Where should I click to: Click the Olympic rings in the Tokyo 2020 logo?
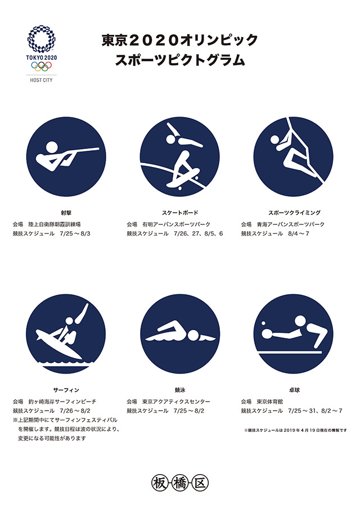pos(41,66)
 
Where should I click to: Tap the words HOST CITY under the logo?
pos(41,80)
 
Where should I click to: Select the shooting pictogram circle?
pos(66,157)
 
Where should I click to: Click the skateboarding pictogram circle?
pos(180,157)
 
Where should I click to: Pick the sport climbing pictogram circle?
pos(294,157)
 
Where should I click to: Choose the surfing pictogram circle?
pos(66,334)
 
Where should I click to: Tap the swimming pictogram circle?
pos(180,334)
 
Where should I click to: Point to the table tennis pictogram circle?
pos(294,334)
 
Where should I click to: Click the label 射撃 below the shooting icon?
pos(66,213)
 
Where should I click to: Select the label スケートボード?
pos(180,213)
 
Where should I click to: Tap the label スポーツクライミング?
pos(294,213)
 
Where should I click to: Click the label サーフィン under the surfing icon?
pos(66,390)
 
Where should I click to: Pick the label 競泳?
pos(180,390)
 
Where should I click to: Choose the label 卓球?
pos(294,390)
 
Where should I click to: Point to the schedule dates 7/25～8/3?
pos(75,234)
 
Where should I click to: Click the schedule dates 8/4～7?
pos(298,234)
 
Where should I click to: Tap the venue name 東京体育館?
pos(270,402)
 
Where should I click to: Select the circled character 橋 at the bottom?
pos(180,483)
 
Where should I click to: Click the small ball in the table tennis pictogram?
pos(263,323)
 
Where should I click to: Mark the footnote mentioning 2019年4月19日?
pos(295,430)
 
